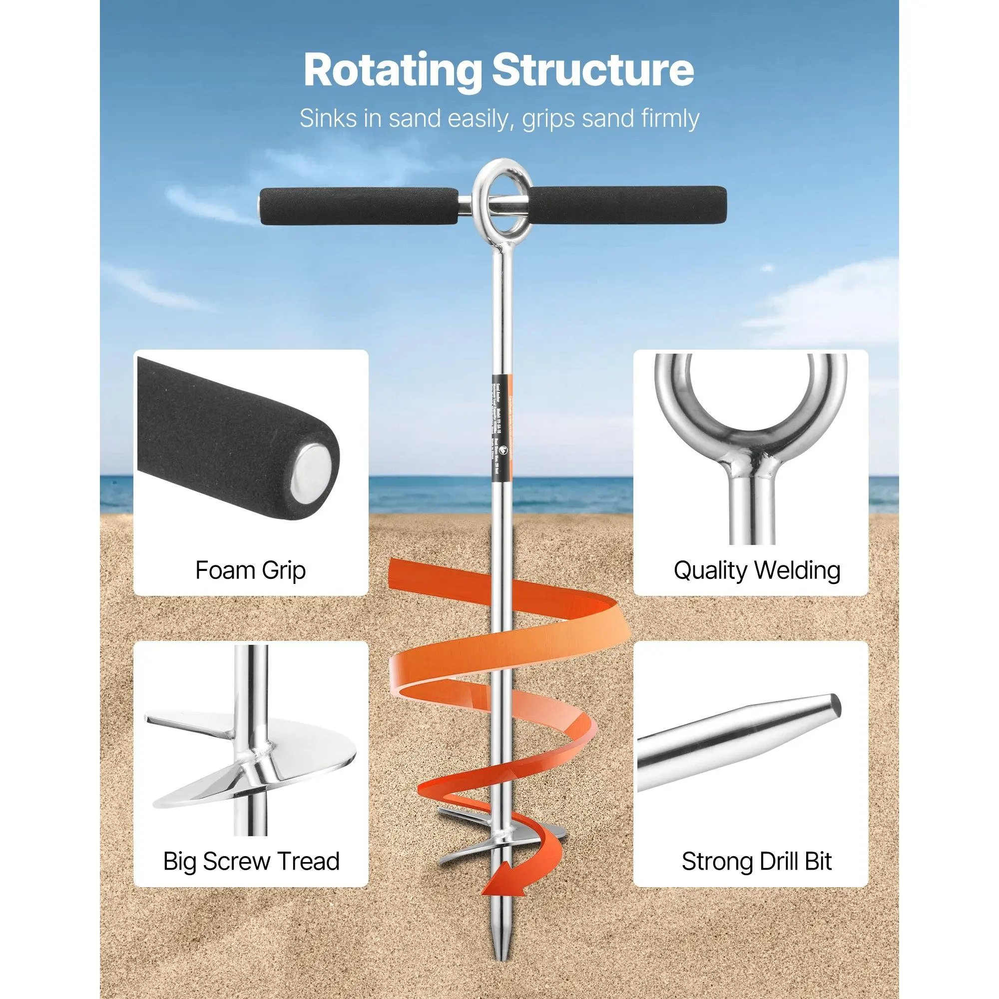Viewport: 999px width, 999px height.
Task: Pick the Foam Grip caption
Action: tap(251, 570)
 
